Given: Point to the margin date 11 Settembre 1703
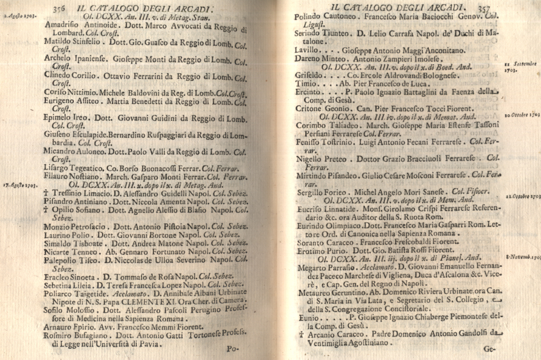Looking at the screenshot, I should point(520,67).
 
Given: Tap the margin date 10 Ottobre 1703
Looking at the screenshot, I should point(522,114).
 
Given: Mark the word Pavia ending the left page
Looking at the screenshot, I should point(148,344).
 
